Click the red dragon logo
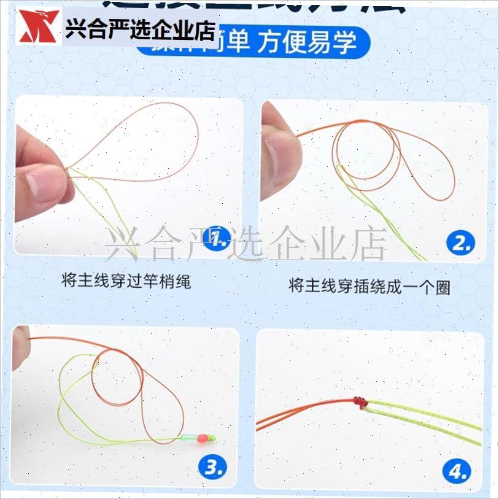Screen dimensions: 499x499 [39, 27]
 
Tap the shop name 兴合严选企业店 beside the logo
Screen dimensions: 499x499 [140, 29]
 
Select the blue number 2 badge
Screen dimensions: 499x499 [462, 244]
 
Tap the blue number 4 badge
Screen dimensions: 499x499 [458, 471]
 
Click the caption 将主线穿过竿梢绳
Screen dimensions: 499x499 [126, 282]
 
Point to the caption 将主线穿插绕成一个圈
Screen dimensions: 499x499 [369, 285]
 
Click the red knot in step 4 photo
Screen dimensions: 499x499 [360, 402]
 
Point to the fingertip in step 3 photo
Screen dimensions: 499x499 [20, 347]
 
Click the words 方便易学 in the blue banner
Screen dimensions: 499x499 [307, 43]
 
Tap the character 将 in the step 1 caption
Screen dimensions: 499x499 [69, 282]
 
